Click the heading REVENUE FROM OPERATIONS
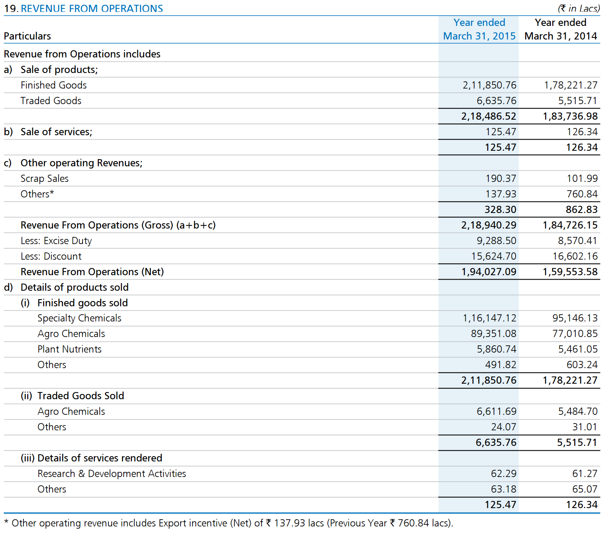[x=92, y=8]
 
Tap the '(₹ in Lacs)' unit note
[x=579, y=8]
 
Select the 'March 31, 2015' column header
[x=479, y=36]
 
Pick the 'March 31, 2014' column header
[x=560, y=36]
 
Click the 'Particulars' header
[x=27, y=36]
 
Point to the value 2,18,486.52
[x=488, y=116]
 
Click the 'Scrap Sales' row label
[x=44, y=178]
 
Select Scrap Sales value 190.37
[x=500, y=178]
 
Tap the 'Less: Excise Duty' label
[x=56, y=241]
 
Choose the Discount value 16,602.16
[x=575, y=256]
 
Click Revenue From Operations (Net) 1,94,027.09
[x=488, y=272]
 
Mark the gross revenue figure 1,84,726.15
[x=570, y=225]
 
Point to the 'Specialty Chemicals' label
[x=79, y=318]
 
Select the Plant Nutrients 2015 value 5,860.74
[x=496, y=349]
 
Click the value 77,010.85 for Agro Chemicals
[x=575, y=333]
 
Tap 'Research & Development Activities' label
[x=112, y=473]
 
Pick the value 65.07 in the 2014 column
[x=585, y=489]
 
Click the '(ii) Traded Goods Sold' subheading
[x=72, y=396]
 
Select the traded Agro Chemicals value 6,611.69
[x=496, y=411]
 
